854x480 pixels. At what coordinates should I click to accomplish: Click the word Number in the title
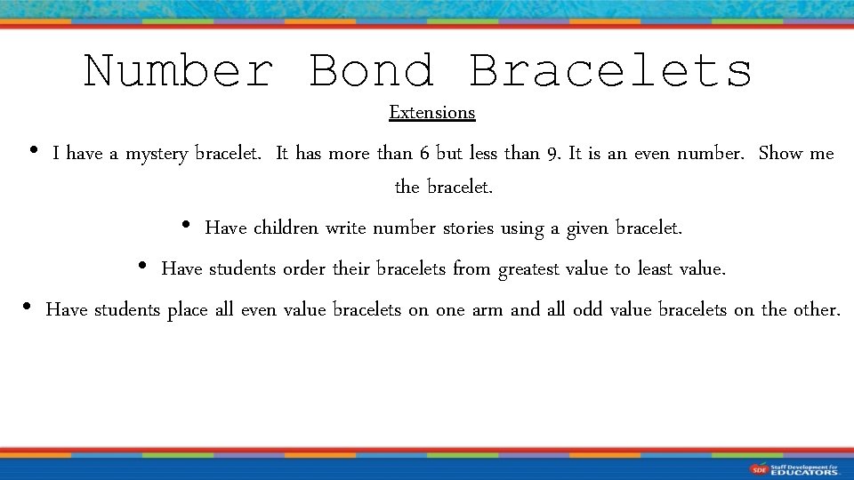[177, 71]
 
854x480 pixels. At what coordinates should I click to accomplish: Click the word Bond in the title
[371, 71]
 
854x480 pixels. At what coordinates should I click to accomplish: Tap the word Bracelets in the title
[610, 71]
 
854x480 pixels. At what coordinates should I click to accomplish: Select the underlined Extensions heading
[432, 113]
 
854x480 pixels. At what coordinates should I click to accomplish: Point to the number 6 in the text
[425, 154]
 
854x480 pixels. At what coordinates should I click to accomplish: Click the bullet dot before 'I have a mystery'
[33, 151]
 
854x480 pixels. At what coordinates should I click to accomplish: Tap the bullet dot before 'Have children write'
[185, 226]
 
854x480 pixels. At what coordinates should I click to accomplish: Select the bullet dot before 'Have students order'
[142, 266]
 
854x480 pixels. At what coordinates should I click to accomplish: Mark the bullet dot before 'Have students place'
[27, 308]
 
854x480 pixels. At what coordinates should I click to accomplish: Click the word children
[286, 228]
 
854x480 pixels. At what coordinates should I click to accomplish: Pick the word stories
[468, 228]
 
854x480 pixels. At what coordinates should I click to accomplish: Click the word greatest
[529, 268]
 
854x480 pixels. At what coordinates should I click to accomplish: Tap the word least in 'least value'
[655, 268]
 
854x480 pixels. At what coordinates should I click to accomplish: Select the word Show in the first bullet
[780, 154]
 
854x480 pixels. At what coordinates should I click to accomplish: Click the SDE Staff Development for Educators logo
[794, 468]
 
